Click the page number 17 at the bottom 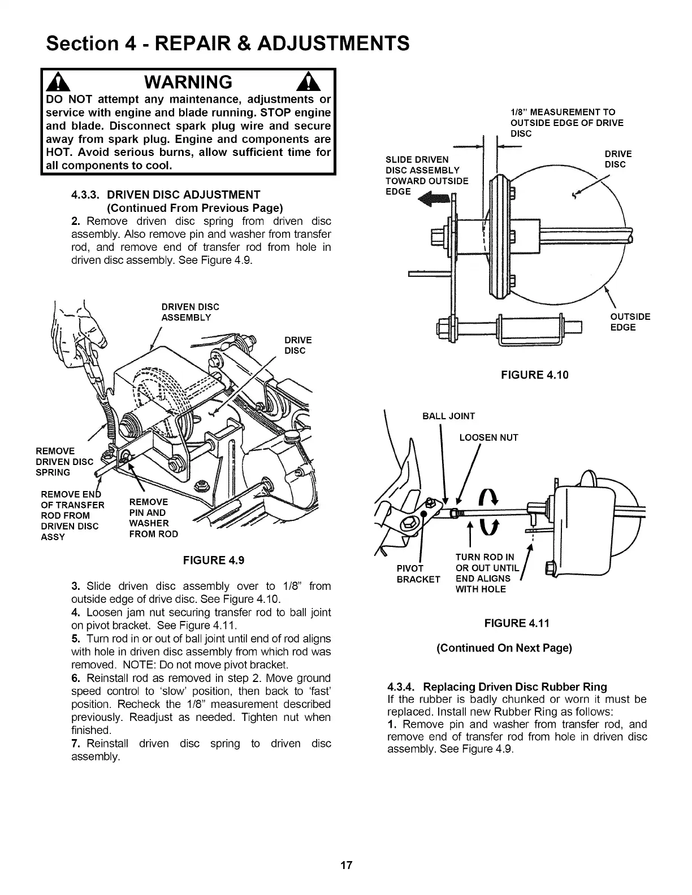347,865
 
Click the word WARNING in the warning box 188,82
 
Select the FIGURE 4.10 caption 535,375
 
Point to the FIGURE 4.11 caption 517,623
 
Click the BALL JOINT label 449,416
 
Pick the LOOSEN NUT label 488,437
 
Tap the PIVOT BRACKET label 418,574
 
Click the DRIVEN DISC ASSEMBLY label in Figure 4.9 190,312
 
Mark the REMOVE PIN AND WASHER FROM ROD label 153,518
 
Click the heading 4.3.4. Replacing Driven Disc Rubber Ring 497,687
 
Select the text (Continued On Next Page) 504,648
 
